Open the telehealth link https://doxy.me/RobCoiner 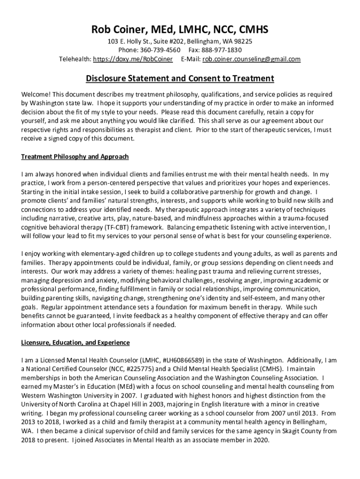coord(133,59)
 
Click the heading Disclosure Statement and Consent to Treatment coord(180,78)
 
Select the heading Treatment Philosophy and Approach coord(75,156)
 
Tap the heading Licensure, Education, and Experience coord(75,343)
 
